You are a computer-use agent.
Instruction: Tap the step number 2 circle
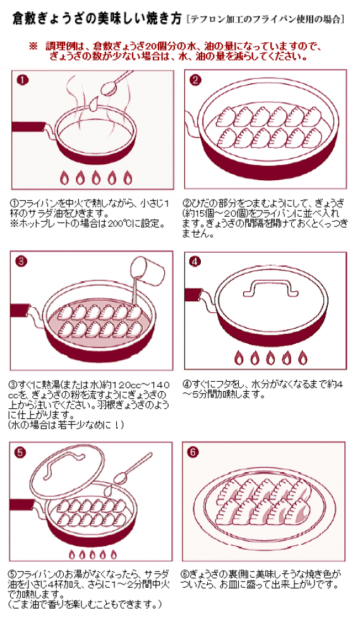click(x=195, y=80)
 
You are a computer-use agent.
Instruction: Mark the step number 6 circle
click(x=194, y=453)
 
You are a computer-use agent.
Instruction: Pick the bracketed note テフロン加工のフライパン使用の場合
click(x=266, y=20)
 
